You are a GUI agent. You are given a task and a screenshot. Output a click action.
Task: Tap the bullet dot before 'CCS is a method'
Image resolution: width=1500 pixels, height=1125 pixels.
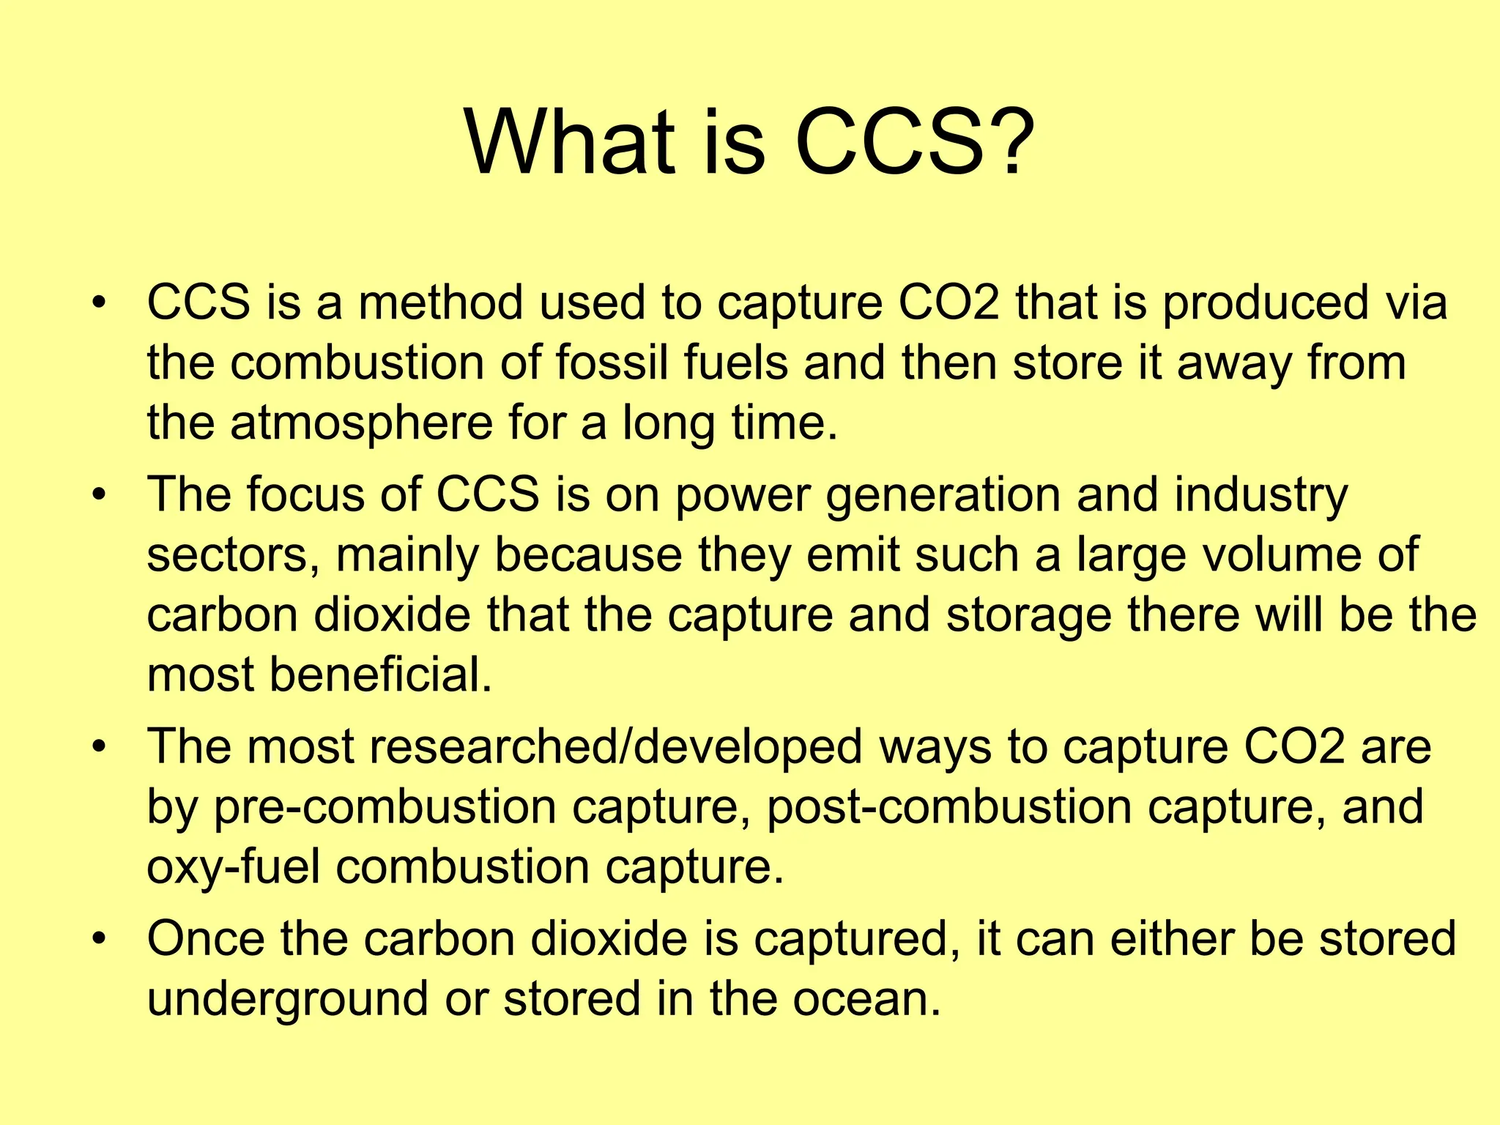100,302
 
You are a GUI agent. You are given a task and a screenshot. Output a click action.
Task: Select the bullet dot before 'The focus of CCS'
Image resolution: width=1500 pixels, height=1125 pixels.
100,495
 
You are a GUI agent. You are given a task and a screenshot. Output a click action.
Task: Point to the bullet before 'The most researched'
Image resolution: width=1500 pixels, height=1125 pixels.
100,747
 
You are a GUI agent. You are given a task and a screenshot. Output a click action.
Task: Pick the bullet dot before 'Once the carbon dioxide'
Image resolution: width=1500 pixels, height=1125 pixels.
100,939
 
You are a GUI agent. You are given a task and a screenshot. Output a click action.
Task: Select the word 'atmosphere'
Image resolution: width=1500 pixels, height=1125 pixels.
361,423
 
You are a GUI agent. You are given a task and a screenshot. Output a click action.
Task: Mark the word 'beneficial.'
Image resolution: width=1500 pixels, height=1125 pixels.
381,675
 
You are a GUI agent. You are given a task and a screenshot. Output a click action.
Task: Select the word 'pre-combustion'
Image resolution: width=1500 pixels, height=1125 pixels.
385,808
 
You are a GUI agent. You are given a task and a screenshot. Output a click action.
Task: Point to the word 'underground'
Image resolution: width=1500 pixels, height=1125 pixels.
287,1000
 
